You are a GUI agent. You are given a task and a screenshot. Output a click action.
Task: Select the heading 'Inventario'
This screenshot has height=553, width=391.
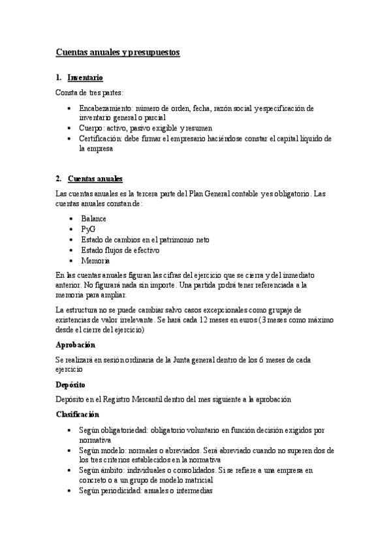(85, 78)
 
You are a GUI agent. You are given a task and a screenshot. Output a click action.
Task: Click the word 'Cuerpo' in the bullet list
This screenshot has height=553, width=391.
(92, 128)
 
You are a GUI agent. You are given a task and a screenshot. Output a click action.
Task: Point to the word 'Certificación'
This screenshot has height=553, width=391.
(101, 138)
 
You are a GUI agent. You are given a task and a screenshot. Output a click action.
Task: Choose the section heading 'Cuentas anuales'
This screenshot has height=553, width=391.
(95, 178)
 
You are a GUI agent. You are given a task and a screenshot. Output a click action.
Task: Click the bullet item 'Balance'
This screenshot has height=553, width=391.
(93, 219)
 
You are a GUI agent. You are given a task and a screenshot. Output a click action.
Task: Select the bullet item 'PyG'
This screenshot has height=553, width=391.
(88, 230)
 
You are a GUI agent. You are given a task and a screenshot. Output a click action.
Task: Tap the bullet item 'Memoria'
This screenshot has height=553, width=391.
(95, 260)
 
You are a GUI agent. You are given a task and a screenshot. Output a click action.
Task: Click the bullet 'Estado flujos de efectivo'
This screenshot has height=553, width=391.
(120, 250)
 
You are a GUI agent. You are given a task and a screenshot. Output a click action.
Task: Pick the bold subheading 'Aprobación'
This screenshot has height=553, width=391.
(76, 344)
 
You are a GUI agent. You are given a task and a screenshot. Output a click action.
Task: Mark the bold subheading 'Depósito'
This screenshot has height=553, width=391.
(71, 385)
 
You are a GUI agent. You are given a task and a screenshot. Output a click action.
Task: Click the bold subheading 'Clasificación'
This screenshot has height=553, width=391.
(78, 413)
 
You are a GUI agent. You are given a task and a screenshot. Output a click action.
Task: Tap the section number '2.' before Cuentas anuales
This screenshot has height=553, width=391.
(59, 178)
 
